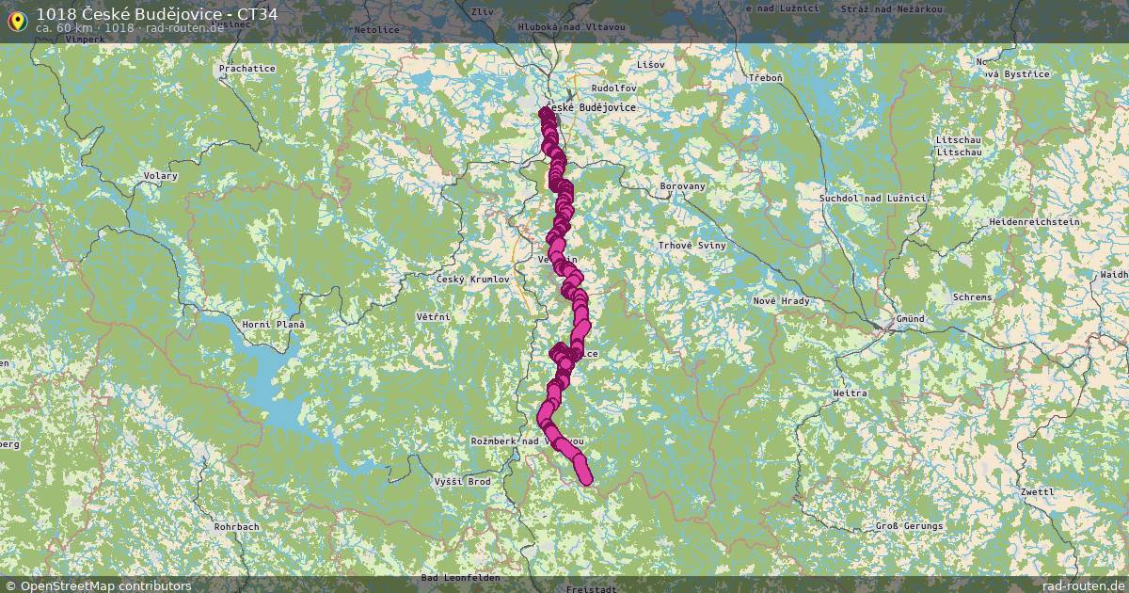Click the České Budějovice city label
(591, 107)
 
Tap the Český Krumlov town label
(472, 280)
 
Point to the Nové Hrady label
(781, 300)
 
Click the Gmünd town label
(910, 319)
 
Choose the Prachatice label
(246, 69)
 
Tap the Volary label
(160, 176)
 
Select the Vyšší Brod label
(462, 481)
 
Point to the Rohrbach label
(236, 527)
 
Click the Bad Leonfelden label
(461, 577)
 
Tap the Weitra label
(850, 393)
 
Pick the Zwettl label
(1038, 492)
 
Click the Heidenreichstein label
(1034, 222)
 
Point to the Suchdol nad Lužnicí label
(873, 199)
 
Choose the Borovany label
(682, 186)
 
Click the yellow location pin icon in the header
(16, 19)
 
